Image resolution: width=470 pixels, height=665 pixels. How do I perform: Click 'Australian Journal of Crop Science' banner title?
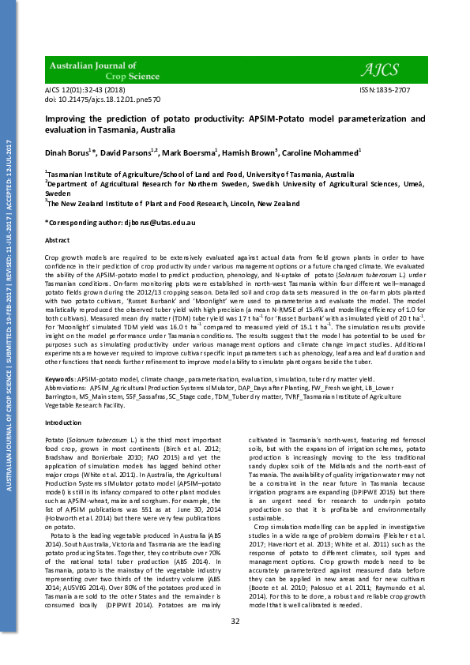click(94, 73)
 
